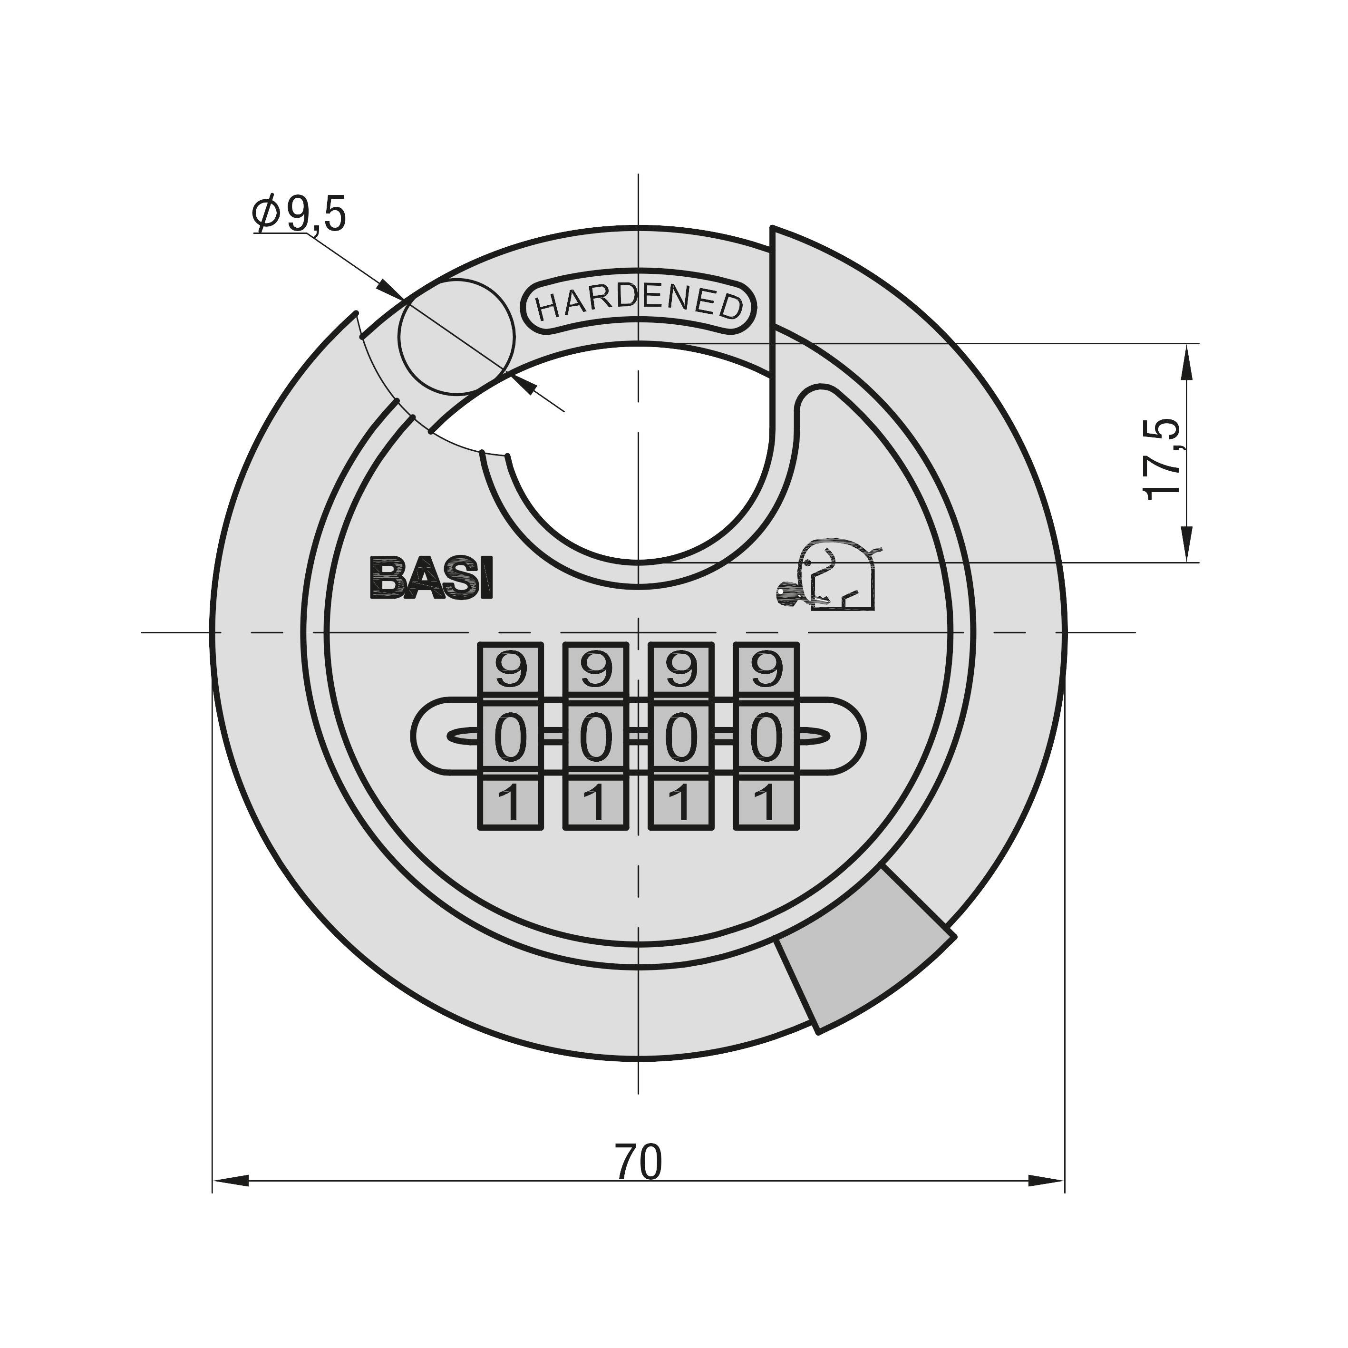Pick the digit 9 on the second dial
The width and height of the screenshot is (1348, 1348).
click(595, 670)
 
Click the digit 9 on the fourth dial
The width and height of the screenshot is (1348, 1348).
click(766, 670)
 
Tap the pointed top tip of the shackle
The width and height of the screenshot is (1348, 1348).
click(773, 230)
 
